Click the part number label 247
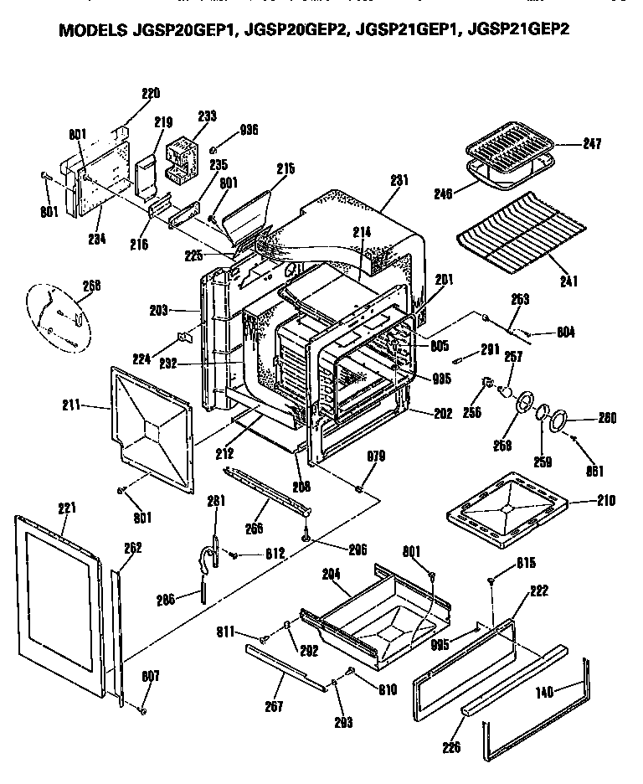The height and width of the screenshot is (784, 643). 592,144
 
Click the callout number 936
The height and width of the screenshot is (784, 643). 249,130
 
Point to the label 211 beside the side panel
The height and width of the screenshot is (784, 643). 72,405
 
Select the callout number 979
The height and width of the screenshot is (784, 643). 378,456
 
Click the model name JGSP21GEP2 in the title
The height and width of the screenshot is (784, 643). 520,33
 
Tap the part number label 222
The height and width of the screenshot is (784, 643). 539,591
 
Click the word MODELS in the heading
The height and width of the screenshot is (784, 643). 91,33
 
